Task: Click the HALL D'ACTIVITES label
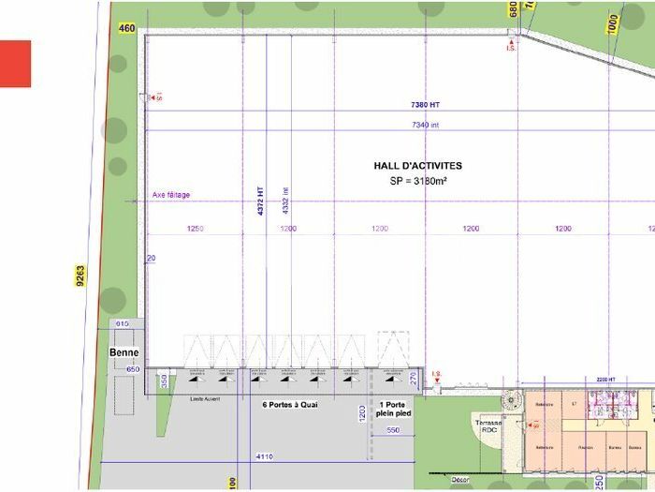(418, 166)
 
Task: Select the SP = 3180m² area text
(418, 180)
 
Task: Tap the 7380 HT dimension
(425, 105)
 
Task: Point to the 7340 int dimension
(425, 125)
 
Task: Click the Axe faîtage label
(171, 195)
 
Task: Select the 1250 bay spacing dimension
(196, 229)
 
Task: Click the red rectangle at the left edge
(15, 64)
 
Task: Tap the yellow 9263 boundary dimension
(81, 276)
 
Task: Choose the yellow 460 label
(127, 28)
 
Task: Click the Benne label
(124, 353)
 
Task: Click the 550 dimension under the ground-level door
(393, 430)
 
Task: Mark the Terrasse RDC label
(488, 426)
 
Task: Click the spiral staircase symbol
(510, 400)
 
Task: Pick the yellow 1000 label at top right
(613, 22)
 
